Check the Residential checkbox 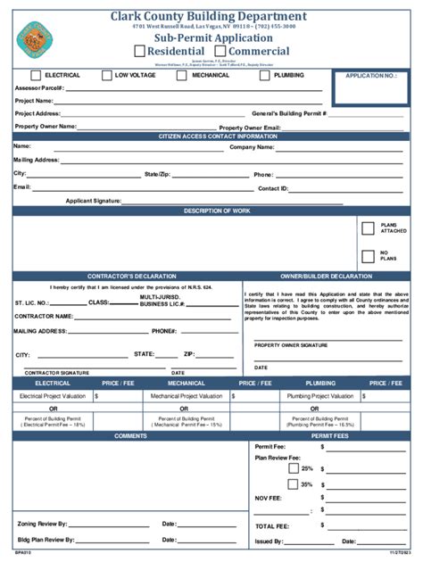click(x=139, y=52)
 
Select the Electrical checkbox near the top click(x=37, y=76)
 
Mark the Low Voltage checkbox click(x=107, y=76)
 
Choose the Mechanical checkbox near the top click(x=184, y=76)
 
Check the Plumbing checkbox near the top click(x=265, y=76)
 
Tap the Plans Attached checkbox click(x=368, y=228)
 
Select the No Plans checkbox click(x=368, y=257)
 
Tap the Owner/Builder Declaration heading click(x=326, y=277)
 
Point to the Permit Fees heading click(x=329, y=436)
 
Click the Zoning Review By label click(x=46, y=525)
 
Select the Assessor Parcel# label click(x=39, y=88)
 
